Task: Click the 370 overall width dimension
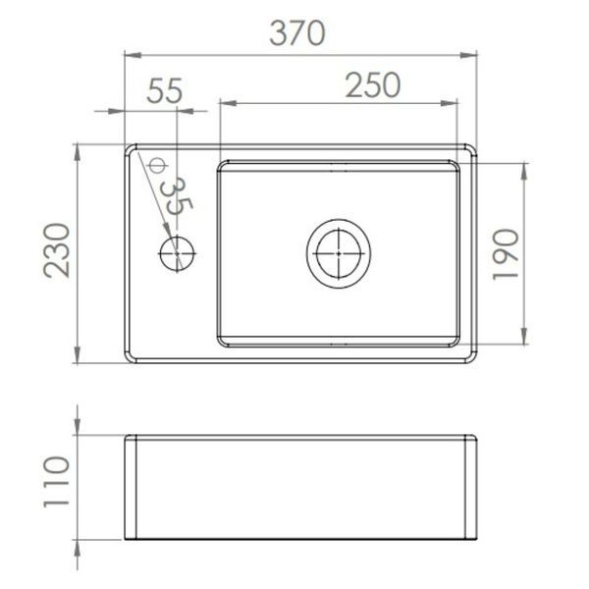click(x=297, y=33)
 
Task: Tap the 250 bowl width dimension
click(x=373, y=84)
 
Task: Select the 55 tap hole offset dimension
click(x=165, y=90)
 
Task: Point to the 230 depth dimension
click(x=57, y=250)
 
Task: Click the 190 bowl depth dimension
click(x=506, y=254)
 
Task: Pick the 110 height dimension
click(x=57, y=482)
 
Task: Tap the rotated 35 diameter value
click(x=176, y=196)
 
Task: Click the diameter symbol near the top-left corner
click(x=157, y=165)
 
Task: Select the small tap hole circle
click(x=177, y=253)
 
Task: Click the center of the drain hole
click(x=339, y=253)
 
